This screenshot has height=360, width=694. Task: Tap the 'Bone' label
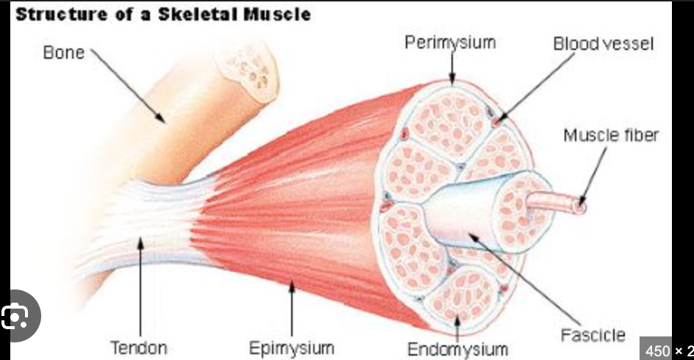[x=63, y=53]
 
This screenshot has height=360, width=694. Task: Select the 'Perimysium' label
[x=450, y=43]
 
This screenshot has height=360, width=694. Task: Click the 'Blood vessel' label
[x=603, y=44]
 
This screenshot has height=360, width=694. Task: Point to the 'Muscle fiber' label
[x=611, y=135]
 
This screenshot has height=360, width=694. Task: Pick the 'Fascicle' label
[x=593, y=335]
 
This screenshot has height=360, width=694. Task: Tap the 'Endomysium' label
[x=457, y=348]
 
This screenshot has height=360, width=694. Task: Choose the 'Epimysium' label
[x=291, y=348]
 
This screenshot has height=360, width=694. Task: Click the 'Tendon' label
[x=138, y=347]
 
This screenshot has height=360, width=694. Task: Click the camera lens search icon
[x=15, y=317]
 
